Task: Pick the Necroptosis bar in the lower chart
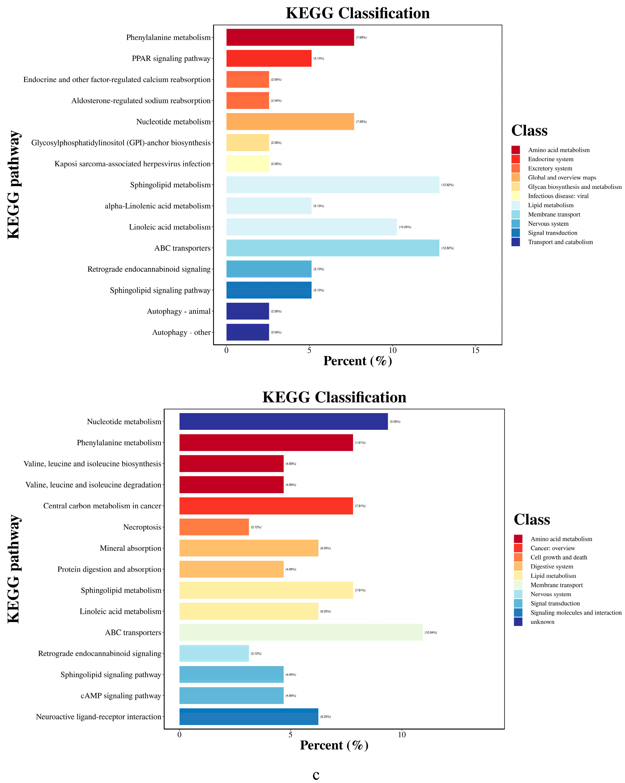point(214,527)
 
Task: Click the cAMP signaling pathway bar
point(231,695)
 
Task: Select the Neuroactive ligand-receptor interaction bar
point(248,717)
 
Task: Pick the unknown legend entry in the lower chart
point(542,622)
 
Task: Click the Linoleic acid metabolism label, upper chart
point(170,227)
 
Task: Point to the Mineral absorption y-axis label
point(130,548)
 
